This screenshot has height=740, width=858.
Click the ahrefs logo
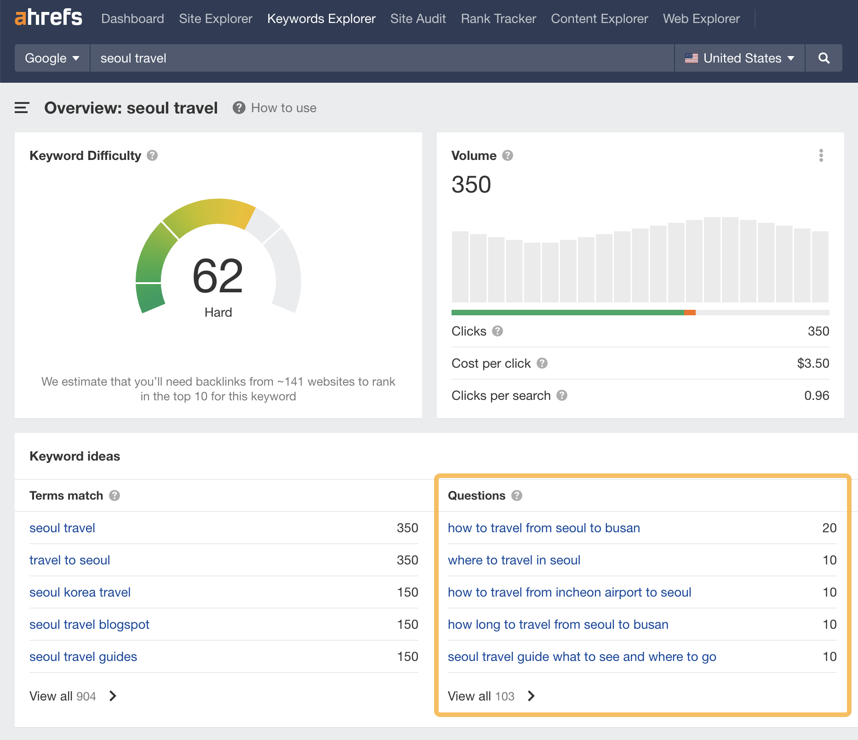tap(48, 17)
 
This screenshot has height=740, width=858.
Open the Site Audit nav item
tap(418, 19)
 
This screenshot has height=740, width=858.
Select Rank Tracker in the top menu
tap(498, 19)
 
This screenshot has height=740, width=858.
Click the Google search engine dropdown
tap(52, 58)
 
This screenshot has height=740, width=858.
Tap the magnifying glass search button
tap(824, 58)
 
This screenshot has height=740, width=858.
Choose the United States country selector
tap(739, 58)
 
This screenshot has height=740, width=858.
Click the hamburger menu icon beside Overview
tap(22, 108)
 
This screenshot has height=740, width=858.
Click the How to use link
tap(283, 108)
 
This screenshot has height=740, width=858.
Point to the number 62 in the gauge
tap(217, 276)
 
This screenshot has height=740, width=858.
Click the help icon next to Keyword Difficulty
tap(152, 156)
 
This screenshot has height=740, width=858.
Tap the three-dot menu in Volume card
tap(821, 156)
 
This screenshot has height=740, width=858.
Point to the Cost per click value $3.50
tap(812, 364)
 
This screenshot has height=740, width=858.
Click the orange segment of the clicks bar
tap(690, 313)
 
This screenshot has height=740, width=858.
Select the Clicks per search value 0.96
tap(816, 396)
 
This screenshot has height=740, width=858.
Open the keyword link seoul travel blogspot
tap(89, 625)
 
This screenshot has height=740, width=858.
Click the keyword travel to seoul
tap(69, 560)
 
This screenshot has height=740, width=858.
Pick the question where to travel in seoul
tap(514, 560)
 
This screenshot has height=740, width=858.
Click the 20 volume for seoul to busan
tap(829, 528)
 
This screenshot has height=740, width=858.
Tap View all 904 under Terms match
tap(63, 696)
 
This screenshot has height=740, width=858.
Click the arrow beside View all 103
tap(531, 696)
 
